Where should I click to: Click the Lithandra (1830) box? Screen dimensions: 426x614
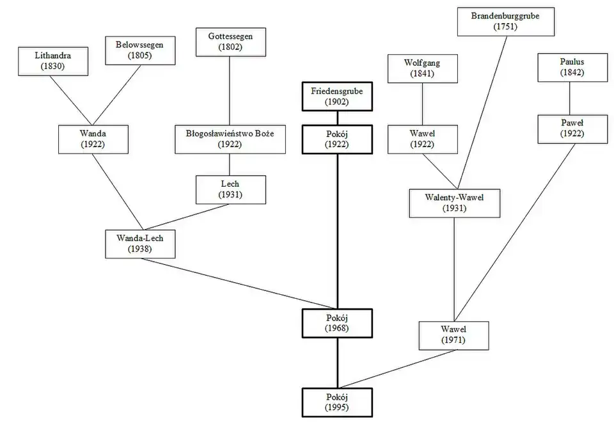(54, 61)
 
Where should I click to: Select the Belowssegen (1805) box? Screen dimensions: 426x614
(139, 49)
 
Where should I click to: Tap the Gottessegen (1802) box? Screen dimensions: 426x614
(230, 42)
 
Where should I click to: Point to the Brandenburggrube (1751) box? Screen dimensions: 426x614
(505, 21)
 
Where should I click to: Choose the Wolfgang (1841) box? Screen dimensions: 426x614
(422, 68)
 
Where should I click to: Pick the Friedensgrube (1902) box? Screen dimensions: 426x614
(337, 97)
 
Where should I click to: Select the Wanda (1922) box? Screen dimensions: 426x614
(93, 139)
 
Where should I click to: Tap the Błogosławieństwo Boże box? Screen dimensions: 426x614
(230, 139)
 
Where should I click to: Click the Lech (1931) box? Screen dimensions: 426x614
(230, 189)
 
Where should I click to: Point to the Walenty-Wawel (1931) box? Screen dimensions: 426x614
(455, 203)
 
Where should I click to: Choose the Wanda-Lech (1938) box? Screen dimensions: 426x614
(139, 244)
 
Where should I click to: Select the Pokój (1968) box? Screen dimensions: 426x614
(337, 323)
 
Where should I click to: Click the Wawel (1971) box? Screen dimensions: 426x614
(453, 335)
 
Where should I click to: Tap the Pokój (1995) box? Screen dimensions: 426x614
(337, 402)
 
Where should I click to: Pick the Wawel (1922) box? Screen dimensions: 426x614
(422, 139)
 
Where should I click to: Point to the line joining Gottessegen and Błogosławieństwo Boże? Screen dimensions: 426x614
(230, 90)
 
